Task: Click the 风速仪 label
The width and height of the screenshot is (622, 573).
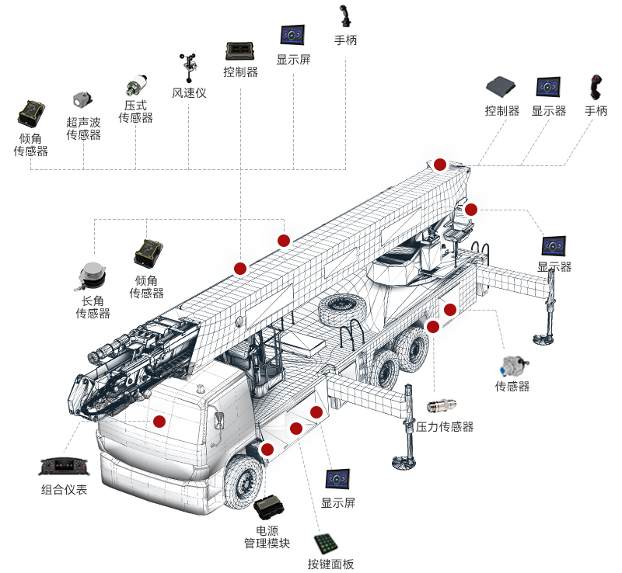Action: point(189,93)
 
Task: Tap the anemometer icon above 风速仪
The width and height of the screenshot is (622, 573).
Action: point(189,68)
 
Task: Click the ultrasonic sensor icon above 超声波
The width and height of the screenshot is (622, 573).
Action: point(82,100)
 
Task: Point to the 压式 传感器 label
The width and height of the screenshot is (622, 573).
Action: point(135,111)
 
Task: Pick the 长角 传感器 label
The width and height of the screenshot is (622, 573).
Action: point(93,307)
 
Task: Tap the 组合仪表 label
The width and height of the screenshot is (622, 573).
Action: point(64,490)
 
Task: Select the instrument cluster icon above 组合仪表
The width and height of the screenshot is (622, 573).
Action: point(65,467)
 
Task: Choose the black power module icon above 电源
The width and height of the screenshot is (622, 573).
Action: point(269,507)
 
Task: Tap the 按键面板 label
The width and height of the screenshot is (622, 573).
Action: point(330,564)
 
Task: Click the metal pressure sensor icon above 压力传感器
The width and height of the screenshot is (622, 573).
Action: point(442,406)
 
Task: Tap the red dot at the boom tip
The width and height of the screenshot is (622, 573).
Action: point(440,165)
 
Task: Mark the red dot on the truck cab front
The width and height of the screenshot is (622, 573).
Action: point(159,422)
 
